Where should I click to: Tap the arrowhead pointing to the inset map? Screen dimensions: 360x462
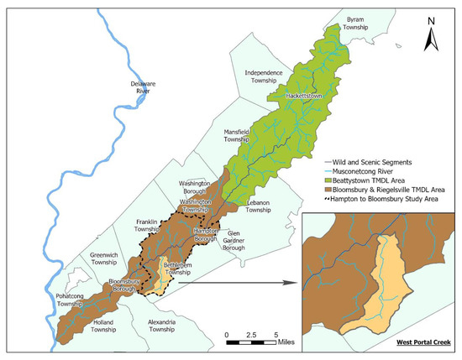tap(295, 282)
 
